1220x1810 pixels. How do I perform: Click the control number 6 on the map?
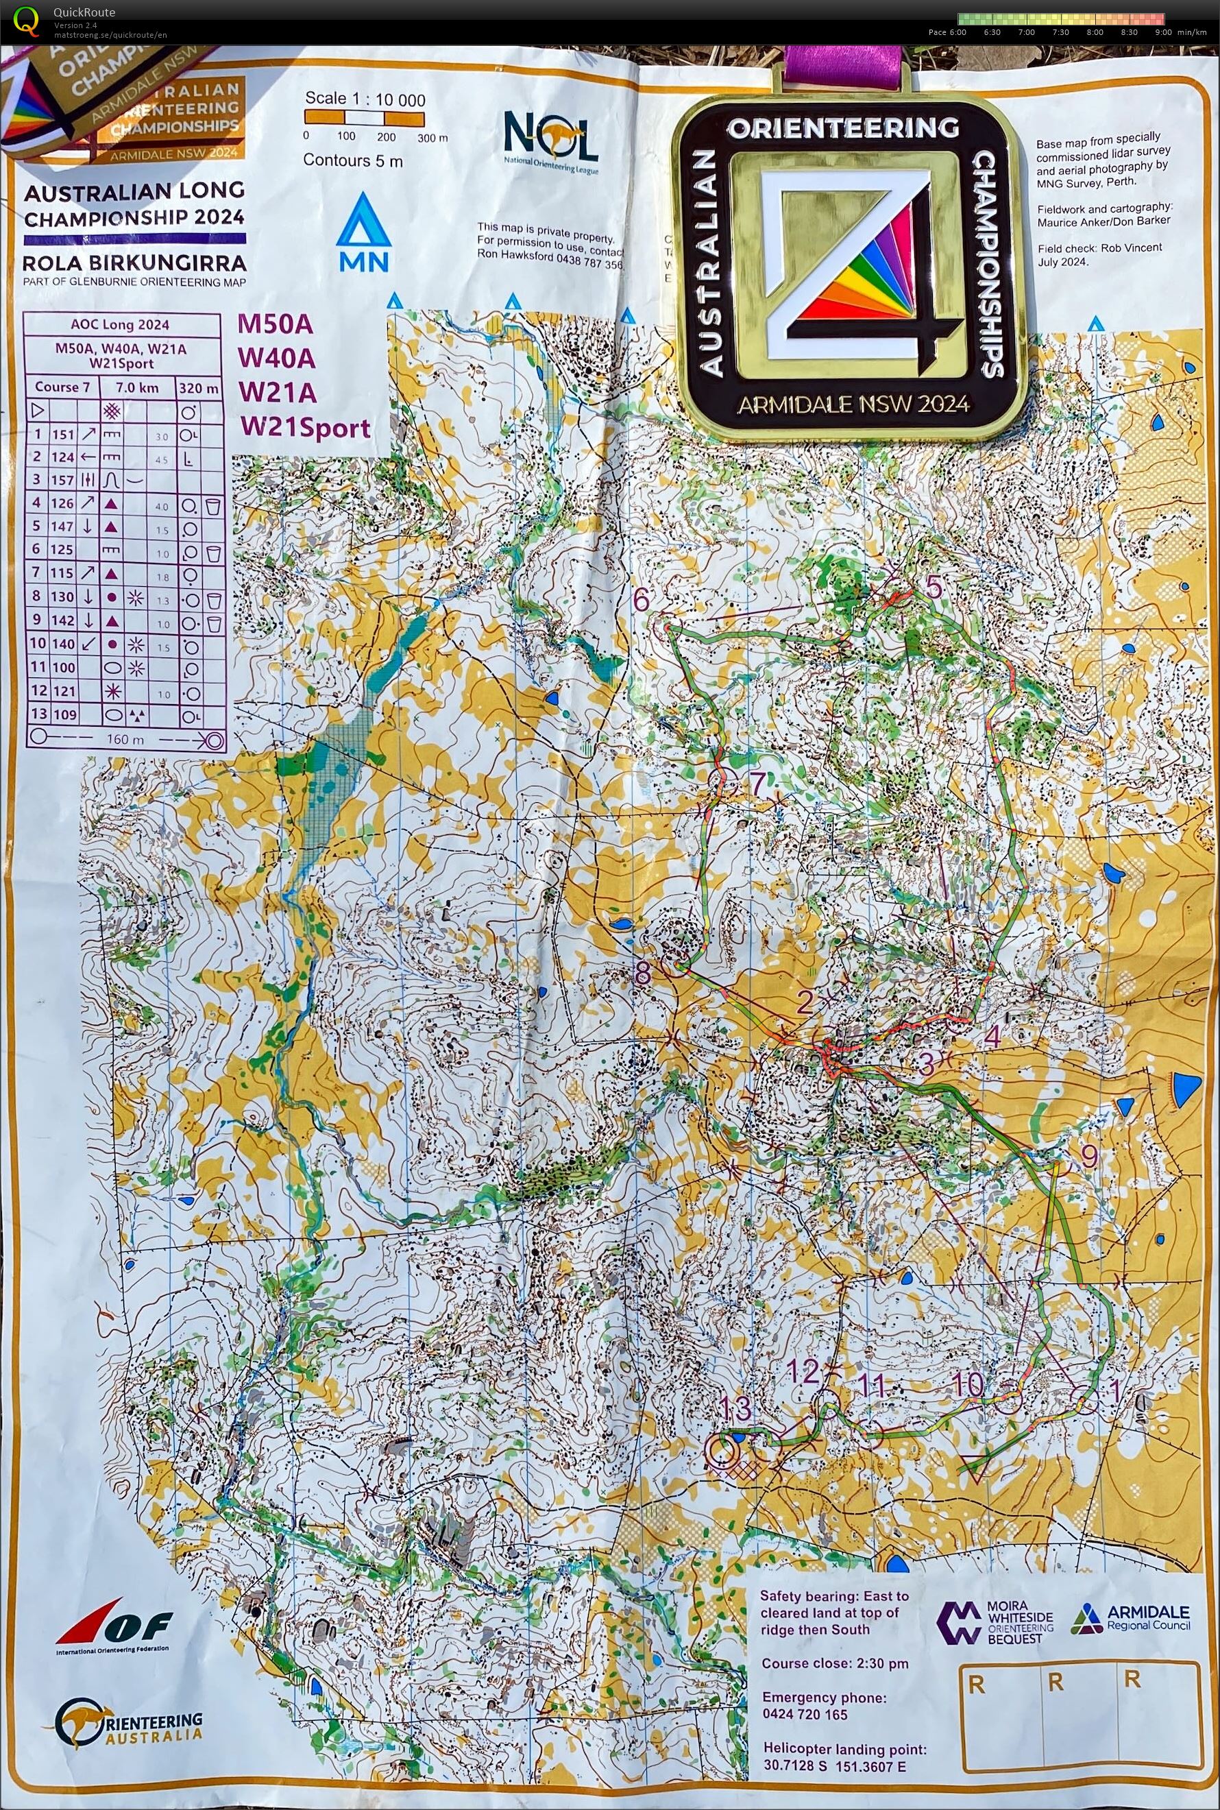(x=641, y=601)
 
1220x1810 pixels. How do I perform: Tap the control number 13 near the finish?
(x=735, y=1407)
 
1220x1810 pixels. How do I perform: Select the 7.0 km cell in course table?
(x=137, y=387)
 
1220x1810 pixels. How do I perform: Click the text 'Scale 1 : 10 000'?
(x=365, y=99)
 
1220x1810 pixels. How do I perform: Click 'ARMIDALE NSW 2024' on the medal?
(x=853, y=404)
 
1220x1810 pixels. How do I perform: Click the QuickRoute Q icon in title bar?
(x=25, y=21)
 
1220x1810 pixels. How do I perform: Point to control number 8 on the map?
(x=642, y=973)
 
